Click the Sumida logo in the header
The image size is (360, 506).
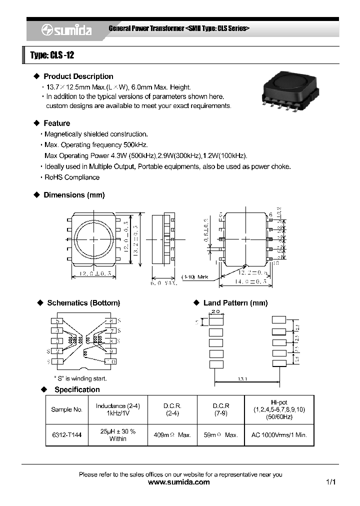click(x=66, y=30)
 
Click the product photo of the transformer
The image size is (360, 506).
click(x=284, y=90)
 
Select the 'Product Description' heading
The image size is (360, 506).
click(x=78, y=76)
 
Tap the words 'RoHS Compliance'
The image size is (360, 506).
click(x=72, y=177)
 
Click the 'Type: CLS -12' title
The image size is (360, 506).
click(x=52, y=55)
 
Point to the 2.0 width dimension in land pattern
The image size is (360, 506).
click(x=215, y=311)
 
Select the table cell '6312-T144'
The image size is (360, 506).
click(x=67, y=435)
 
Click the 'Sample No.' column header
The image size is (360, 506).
click(x=67, y=409)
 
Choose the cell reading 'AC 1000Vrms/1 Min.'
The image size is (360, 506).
click(x=279, y=435)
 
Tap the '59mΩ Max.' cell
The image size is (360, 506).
click(x=220, y=435)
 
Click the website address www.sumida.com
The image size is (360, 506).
click(x=179, y=482)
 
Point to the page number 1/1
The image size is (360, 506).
click(x=330, y=482)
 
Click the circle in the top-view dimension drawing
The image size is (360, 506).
click(x=93, y=239)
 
